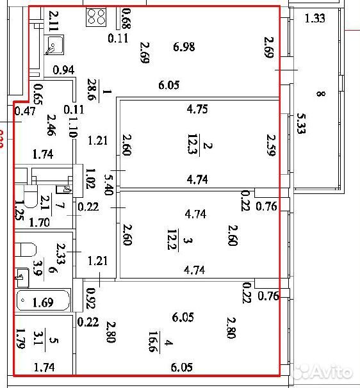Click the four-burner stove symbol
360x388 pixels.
(96, 17)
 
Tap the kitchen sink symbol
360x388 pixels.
(54, 45)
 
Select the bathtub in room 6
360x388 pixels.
(43, 300)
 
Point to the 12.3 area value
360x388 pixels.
(192, 144)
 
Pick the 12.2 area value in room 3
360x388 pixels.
(172, 239)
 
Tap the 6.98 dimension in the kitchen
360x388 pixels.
(184, 47)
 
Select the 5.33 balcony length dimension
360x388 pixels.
(301, 124)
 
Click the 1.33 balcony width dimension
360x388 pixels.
(315, 19)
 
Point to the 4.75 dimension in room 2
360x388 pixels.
(197, 109)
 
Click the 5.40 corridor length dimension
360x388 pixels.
(109, 184)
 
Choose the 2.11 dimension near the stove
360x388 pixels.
(54, 20)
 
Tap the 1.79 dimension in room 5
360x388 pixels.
(20, 338)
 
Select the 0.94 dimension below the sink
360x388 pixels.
(63, 70)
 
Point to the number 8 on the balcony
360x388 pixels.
(321, 93)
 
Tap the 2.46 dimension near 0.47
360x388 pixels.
(51, 125)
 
